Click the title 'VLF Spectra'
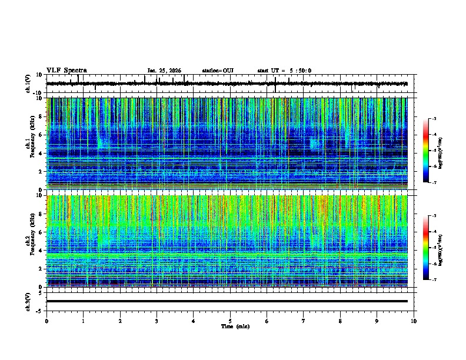[65, 71]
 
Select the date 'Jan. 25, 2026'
[165, 71]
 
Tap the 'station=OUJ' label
[218, 71]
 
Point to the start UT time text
[284, 71]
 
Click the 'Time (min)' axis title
[235, 326]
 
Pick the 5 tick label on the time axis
[230, 321]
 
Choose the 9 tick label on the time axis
[377, 321]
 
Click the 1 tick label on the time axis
[83, 321]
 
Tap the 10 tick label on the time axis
[414, 321]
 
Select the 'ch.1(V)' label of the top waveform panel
[28, 84]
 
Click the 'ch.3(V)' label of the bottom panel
[28, 301]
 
